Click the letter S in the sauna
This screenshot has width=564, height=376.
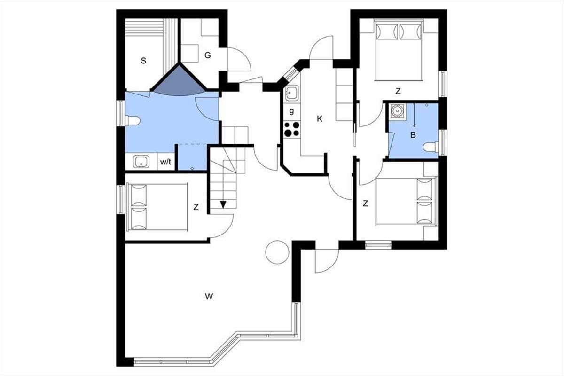[x=143, y=61]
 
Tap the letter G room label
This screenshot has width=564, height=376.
[x=207, y=55]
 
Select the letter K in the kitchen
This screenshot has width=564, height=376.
[x=320, y=119]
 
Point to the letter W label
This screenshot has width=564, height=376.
[x=209, y=297]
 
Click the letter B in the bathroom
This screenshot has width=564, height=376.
[x=413, y=135]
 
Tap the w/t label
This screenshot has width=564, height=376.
[x=165, y=162]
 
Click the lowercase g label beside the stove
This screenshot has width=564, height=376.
[x=291, y=111]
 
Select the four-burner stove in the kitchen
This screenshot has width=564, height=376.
[x=291, y=129]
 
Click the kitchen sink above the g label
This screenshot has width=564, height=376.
[x=292, y=93]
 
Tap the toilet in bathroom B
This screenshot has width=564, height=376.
[x=431, y=147]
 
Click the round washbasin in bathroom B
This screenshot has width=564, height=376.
[x=397, y=110]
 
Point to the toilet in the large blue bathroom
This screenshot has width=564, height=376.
[x=133, y=121]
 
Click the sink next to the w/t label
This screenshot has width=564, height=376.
[x=141, y=161]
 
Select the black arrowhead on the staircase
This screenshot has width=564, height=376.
[x=223, y=205]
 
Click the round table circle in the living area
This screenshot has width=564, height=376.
[x=277, y=252]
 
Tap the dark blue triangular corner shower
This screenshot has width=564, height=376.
[x=179, y=82]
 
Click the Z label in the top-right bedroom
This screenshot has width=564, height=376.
[x=398, y=91]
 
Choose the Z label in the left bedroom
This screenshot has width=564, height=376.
[x=196, y=207]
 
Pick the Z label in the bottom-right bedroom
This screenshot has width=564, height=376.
[x=365, y=203]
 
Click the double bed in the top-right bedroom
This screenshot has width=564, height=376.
[x=399, y=50]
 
